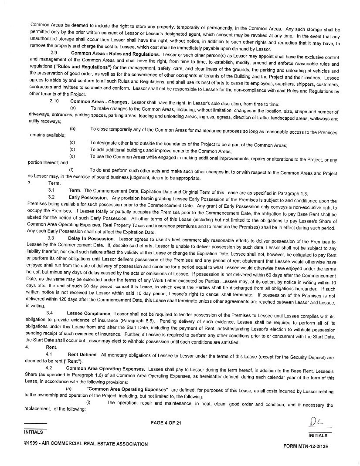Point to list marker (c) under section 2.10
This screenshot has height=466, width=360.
[x=73, y=143]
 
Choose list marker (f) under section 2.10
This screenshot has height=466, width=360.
[x=71, y=170]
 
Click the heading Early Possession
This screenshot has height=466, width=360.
[x=88, y=198]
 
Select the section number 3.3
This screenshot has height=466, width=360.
[x=51, y=238]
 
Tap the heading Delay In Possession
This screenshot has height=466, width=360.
[x=92, y=238]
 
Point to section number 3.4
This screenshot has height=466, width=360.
[x=49, y=314]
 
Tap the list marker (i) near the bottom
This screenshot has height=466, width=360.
[x=88, y=403]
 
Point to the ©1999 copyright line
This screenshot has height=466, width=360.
[x=86, y=444]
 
